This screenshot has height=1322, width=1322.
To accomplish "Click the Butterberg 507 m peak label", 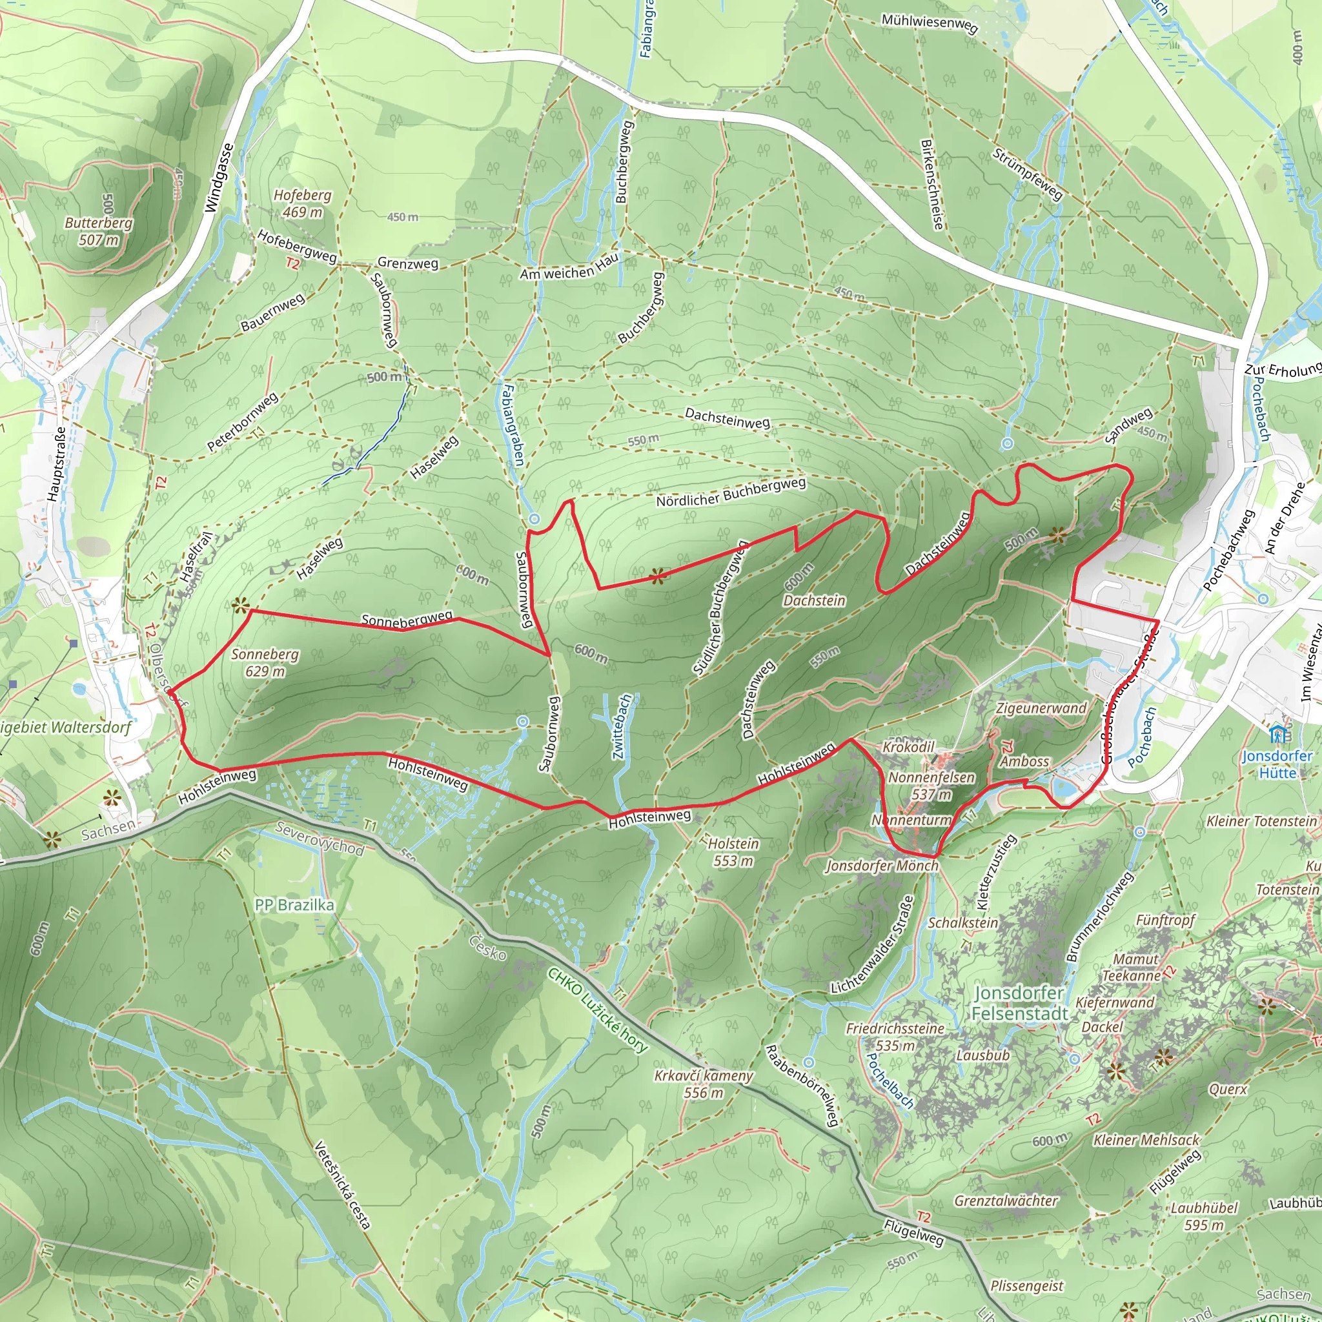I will pos(99,231).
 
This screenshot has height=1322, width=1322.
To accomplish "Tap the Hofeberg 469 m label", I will pos(303,203).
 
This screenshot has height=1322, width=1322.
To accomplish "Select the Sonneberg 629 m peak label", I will pos(265,662).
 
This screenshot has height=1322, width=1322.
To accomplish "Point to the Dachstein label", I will pos(814,601).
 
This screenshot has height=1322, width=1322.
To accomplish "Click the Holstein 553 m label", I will pos(733,852).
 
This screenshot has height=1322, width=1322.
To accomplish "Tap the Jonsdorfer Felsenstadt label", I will pos(1019,1003).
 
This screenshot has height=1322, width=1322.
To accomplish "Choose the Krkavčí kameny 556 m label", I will pos(704,1084).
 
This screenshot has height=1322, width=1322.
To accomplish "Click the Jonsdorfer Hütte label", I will pos(1277,764).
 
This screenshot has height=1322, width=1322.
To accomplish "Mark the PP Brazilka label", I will pos(294,905).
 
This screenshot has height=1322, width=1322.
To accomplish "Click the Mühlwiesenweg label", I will pos(930,23).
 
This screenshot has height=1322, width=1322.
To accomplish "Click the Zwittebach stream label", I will pos(624,727).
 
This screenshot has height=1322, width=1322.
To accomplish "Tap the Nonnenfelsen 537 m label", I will pos(931,786).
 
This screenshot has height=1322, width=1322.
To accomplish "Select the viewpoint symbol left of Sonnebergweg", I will pos(239,605).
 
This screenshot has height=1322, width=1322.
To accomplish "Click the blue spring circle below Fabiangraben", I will pos(534,520).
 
